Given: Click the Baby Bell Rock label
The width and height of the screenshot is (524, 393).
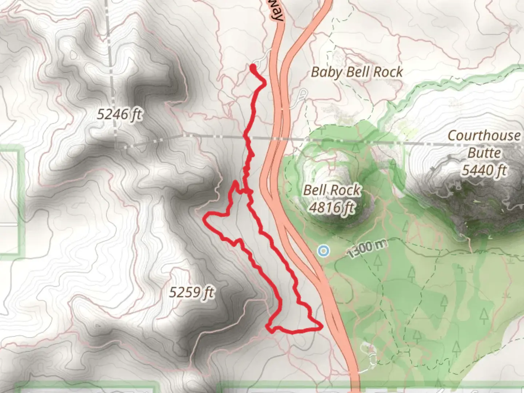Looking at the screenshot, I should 357,72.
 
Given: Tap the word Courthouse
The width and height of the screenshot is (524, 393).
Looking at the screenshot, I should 484,136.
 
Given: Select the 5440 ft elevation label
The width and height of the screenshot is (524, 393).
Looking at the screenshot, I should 484,170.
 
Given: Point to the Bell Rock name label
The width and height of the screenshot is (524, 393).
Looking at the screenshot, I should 332,190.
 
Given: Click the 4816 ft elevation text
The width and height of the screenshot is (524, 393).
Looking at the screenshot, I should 332,207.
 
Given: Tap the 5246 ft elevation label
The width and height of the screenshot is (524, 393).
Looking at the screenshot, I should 119,115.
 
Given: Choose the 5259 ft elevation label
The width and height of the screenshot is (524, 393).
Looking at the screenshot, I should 192,292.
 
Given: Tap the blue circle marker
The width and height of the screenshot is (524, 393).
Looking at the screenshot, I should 323,250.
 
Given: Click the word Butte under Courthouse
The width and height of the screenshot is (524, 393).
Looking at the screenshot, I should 484,153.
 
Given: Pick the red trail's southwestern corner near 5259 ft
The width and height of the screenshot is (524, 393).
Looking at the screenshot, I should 269,327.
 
